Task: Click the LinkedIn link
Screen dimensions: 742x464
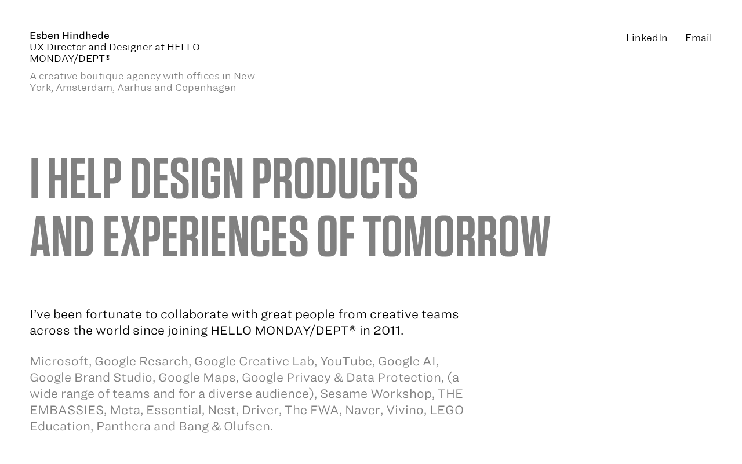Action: [x=646, y=38]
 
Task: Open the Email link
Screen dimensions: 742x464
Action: [x=699, y=38]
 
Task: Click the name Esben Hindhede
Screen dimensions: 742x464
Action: [x=70, y=35]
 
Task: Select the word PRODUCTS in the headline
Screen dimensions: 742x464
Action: [x=335, y=178]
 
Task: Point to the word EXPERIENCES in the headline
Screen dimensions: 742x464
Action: [x=206, y=236]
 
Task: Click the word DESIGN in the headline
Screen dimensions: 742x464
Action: [x=187, y=178]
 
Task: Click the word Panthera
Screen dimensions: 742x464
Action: [x=123, y=426]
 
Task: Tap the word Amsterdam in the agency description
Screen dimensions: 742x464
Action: [x=85, y=88]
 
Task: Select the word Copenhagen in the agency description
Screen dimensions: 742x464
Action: [x=205, y=88]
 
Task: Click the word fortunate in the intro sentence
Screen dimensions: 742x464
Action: [x=121, y=314]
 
